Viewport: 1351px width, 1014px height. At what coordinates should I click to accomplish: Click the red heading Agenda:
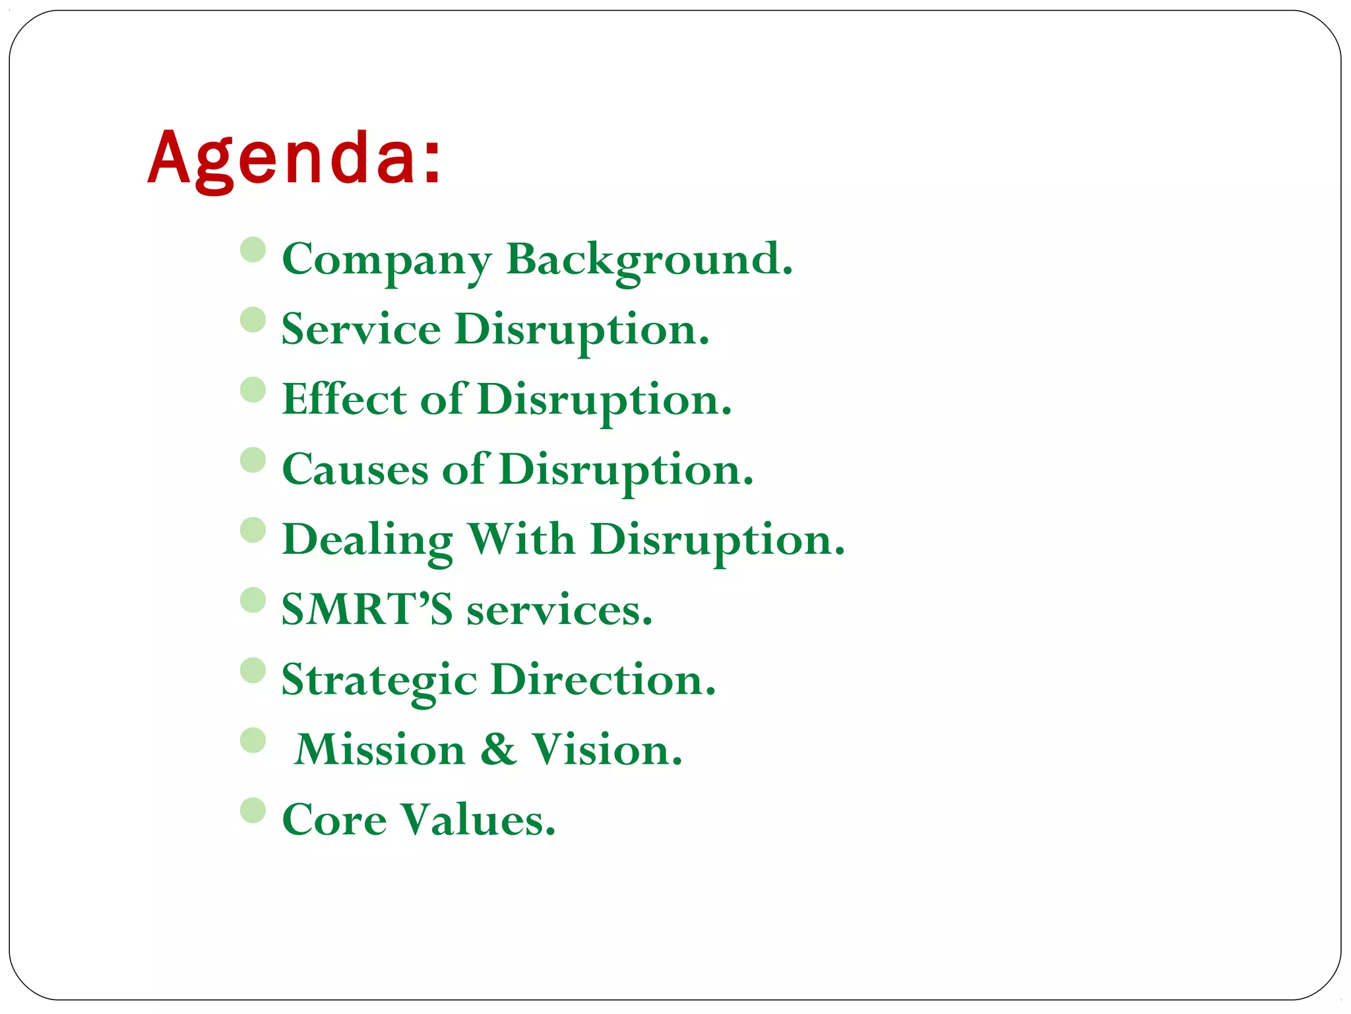click(294, 158)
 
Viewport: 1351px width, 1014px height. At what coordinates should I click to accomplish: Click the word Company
click(387, 260)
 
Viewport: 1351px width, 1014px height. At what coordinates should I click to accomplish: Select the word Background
click(649, 260)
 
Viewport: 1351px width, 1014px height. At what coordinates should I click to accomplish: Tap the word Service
click(361, 329)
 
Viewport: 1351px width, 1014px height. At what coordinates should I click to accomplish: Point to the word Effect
click(344, 399)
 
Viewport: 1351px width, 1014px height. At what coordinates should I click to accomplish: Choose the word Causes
click(355, 470)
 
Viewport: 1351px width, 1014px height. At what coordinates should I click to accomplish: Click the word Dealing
click(367, 541)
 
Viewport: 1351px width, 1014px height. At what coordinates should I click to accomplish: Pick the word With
click(521, 539)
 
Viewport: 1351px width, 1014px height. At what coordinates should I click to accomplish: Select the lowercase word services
click(559, 610)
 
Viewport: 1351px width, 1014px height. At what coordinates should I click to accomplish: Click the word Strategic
click(379, 681)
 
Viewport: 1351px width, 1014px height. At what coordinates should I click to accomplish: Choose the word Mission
click(380, 750)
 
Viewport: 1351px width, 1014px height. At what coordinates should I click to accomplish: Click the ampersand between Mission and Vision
click(498, 750)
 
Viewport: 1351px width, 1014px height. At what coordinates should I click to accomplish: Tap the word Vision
click(607, 750)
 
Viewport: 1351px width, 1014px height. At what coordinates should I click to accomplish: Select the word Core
click(334, 820)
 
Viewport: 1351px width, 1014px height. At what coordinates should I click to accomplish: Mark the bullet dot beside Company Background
click(253, 250)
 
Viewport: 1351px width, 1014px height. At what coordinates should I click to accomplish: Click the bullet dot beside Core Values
click(253, 810)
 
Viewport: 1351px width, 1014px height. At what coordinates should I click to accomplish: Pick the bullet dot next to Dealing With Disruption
click(253, 530)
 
